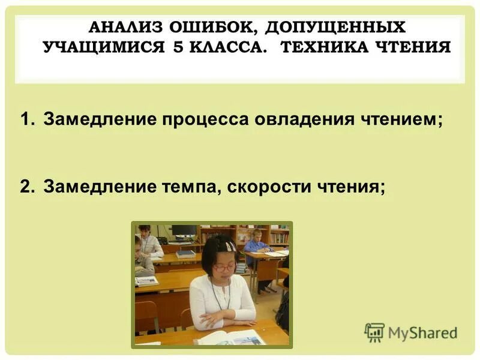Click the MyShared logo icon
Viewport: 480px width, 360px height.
[x=374, y=332]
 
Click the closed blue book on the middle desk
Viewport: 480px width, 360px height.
[x=186, y=254]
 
